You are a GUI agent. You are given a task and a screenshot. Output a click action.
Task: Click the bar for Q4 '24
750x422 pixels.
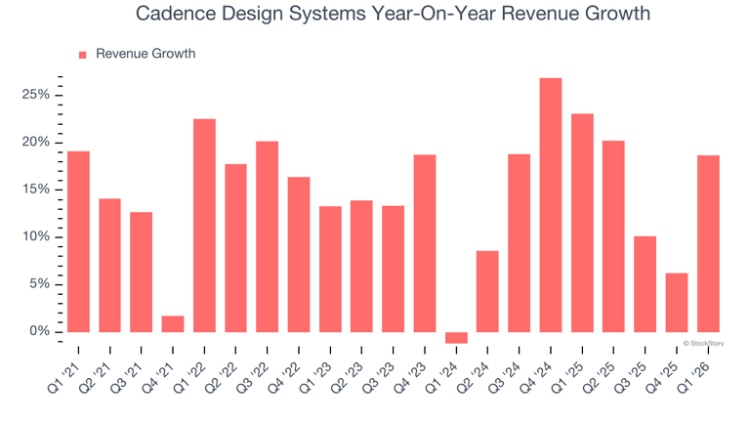pos(551,205)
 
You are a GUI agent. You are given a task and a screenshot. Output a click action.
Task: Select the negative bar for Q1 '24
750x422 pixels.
pos(456,338)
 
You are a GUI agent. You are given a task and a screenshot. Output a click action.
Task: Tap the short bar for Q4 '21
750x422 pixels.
pos(173,324)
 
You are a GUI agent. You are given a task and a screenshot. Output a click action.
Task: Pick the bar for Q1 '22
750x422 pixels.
pos(204,226)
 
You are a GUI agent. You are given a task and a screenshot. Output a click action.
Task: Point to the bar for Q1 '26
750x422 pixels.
pos(708,244)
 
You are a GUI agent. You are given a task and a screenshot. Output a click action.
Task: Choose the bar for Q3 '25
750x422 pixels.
pos(645,284)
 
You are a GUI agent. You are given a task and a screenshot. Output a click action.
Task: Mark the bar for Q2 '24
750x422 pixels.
pos(487,291)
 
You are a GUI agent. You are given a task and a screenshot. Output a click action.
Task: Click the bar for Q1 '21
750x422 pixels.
pos(78,241)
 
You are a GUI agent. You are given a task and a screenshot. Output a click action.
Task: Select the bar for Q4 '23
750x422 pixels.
pos(425,243)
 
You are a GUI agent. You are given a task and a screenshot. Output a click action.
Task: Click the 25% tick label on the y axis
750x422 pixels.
pos(37,95)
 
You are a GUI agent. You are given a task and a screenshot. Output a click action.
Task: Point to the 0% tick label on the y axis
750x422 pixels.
pos(40,332)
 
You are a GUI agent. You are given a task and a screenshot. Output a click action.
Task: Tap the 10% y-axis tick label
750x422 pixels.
pos(37,237)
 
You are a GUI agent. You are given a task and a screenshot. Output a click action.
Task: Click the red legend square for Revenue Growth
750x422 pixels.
pos(82,55)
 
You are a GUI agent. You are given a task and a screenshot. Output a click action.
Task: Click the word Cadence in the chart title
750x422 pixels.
pos(172,15)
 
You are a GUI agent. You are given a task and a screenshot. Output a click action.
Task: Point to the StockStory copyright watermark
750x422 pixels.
pos(703,343)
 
